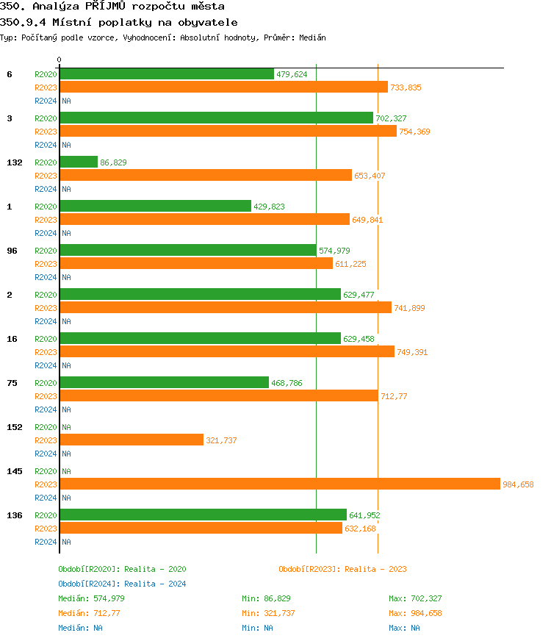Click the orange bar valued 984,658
[279, 484]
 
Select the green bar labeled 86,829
[79, 162]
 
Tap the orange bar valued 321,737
[132, 440]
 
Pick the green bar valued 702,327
[216, 118]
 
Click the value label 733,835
[406, 87]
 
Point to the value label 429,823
[269, 207]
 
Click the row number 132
[15, 162]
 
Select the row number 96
[12, 251]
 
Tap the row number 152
[15, 427]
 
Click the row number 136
[15, 515]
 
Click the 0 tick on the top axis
[60, 60]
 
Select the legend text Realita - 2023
[375, 569]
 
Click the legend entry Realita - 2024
[155, 584]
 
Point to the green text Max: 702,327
[415, 598]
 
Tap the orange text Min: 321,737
[268, 613]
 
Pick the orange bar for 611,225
[196, 263]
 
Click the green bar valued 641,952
[203, 515]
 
